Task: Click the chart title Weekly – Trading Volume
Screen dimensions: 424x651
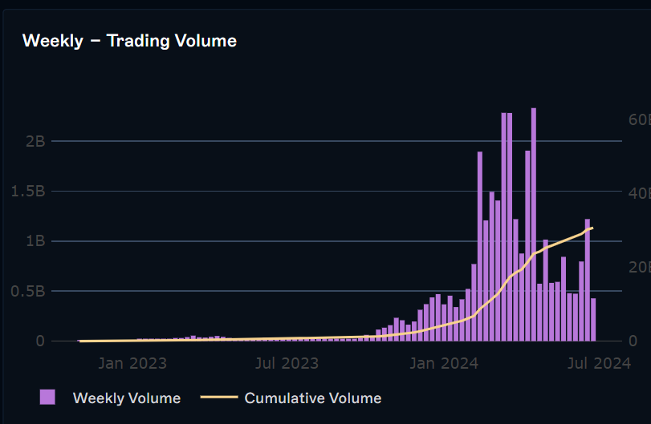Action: coord(129,40)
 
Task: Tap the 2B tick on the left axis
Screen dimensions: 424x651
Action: coord(35,141)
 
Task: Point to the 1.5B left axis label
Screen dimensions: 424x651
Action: coord(28,192)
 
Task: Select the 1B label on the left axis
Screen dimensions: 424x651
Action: coord(35,241)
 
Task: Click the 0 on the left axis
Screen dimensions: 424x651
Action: coord(40,341)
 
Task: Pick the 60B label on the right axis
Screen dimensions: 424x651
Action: coord(637,119)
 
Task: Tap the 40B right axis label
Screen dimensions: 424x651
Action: coord(637,193)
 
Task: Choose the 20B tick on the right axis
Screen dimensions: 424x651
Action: coord(637,268)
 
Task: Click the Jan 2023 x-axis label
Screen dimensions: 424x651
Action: coord(132,364)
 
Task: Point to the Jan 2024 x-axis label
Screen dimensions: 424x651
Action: coord(445,364)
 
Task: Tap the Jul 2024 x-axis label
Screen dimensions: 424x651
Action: coord(599,364)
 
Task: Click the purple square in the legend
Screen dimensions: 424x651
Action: coord(47,398)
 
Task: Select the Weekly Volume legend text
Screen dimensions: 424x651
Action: coord(126,398)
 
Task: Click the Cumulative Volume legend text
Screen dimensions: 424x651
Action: coord(312,398)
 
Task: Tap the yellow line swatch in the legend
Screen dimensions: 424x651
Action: coord(218,398)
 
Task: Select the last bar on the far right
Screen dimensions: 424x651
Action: coord(593,320)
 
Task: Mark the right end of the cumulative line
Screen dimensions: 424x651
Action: coord(592,228)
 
